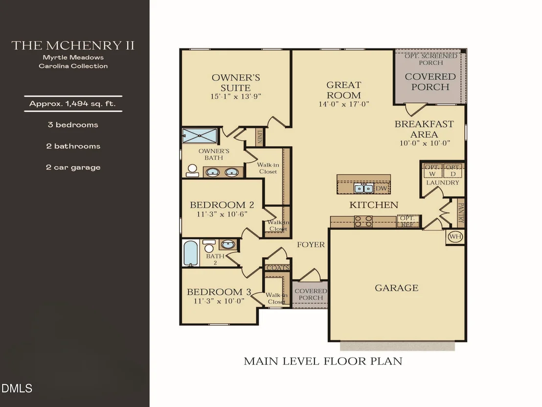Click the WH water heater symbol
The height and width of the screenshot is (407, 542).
[455, 237]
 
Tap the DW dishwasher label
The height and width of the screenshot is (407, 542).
[381, 188]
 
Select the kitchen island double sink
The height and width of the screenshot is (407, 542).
[363, 188]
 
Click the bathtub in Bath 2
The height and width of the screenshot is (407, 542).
[191, 253]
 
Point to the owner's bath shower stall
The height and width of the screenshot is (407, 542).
[200, 136]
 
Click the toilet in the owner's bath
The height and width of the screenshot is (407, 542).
[192, 170]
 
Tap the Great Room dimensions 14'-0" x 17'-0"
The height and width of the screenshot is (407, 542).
[344, 104]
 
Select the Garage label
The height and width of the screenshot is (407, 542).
[397, 288]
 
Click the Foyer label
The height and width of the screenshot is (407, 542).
[311, 245]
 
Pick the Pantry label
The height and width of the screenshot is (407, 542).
[460, 213]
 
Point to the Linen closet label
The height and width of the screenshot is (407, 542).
[260, 137]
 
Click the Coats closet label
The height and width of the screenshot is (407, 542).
[277, 268]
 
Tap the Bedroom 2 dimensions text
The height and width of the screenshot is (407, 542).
[222, 214]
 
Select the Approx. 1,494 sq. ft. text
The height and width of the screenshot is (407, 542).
[72, 103]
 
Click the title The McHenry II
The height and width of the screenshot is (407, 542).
[73, 46]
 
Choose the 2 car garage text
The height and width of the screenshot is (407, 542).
[73, 168]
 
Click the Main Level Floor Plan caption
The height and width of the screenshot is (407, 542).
[323, 361]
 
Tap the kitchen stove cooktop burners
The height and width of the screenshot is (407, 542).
[363, 221]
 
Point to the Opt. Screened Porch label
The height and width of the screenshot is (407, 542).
[430, 59]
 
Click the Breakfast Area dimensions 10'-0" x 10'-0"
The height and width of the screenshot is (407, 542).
[425, 143]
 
